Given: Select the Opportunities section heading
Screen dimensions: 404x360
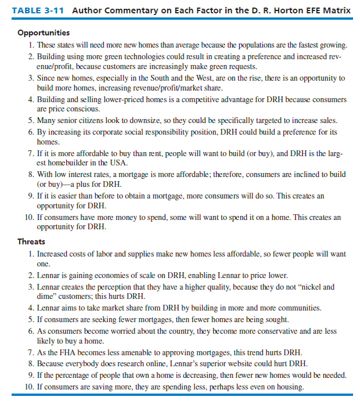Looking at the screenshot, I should [x=44, y=33].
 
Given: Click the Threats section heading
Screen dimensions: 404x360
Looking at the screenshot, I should [x=31, y=241].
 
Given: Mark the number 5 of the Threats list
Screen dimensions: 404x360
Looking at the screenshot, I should [x=31, y=319].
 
